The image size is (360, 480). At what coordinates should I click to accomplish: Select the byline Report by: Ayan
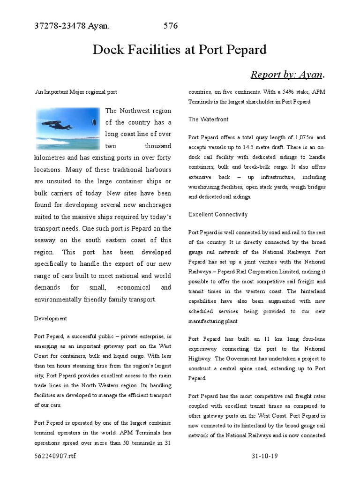pyautogui.click(x=287, y=75)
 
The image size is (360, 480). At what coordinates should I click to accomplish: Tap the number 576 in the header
pyautogui.click(x=171, y=26)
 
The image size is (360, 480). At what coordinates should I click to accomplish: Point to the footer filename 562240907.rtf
pyautogui.click(x=54, y=456)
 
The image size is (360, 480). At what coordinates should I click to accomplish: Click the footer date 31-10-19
pyautogui.click(x=265, y=456)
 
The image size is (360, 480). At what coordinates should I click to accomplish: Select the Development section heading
pyautogui.click(x=51, y=318)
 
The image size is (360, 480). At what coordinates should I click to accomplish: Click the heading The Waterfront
pyautogui.click(x=208, y=120)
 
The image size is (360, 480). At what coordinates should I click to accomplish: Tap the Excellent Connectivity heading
pyautogui.click(x=218, y=214)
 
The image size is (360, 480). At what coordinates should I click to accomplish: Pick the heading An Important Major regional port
pyautogui.click(x=76, y=92)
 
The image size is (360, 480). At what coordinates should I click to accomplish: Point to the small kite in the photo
pyautogui.click(x=92, y=123)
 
